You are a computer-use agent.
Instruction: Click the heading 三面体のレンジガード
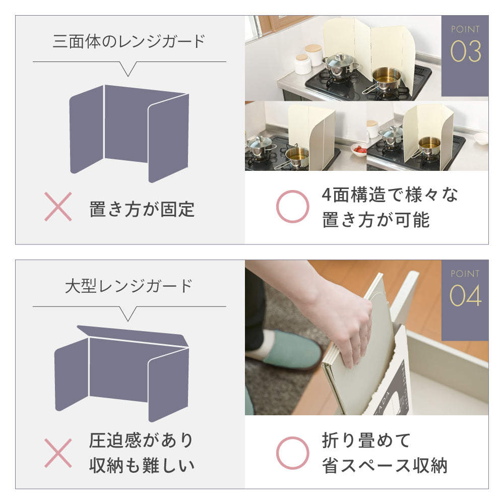[129, 41]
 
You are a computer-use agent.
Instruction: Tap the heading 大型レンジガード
[129, 286]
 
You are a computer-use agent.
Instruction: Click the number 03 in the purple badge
[465, 51]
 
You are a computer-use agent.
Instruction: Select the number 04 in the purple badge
[465, 295]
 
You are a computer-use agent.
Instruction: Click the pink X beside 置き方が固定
[58, 207]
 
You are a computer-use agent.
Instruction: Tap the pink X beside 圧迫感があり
[58, 453]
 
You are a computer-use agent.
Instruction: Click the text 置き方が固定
[142, 209]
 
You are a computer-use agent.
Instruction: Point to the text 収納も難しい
[142, 465]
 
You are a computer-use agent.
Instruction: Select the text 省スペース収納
[385, 465]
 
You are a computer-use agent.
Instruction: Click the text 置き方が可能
[376, 220]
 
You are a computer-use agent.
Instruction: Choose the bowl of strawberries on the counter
[359, 150]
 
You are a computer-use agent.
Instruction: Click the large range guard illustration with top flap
[122, 373]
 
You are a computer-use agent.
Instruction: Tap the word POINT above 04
[465, 274]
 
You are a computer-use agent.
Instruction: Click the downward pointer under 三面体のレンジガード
[128, 69]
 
